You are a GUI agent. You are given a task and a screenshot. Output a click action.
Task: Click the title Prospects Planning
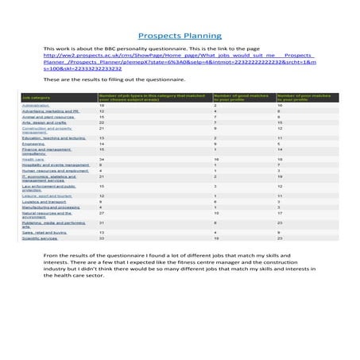(179, 36)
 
